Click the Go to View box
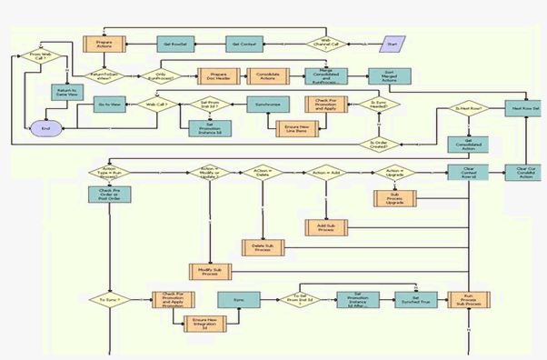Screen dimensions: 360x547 point(112,105)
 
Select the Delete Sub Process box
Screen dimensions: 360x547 point(263,246)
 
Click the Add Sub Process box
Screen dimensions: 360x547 point(325,226)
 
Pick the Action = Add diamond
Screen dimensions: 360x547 point(325,172)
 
